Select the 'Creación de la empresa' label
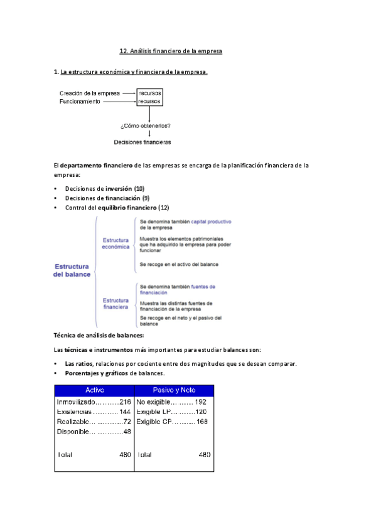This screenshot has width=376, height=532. click(x=90, y=93)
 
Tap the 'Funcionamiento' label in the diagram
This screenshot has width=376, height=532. click(x=80, y=101)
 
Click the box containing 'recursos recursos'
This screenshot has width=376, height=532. click(x=149, y=97)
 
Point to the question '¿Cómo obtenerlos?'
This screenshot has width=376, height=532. click(x=145, y=125)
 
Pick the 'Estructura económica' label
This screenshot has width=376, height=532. click(x=115, y=243)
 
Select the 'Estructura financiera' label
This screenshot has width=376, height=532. click(x=115, y=304)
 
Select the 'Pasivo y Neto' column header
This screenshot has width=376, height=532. click(x=173, y=391)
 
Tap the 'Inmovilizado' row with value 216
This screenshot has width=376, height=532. click(x=94, y=402)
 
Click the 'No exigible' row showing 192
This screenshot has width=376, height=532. click(x=171, y=402)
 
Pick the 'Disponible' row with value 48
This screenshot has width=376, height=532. click(x=94, y=432)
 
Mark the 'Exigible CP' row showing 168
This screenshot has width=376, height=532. click(x=171, y=422)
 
